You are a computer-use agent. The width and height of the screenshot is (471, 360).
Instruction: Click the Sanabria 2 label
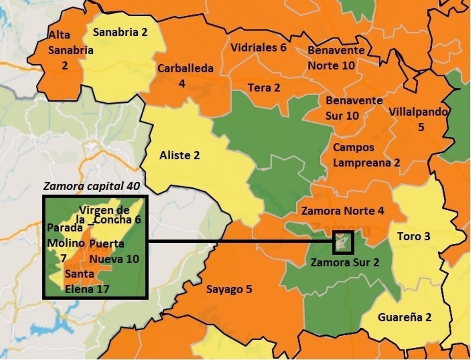120,32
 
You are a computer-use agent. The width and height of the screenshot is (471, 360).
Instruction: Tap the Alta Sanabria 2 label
65,50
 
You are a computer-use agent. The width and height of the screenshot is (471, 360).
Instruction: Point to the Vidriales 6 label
259,48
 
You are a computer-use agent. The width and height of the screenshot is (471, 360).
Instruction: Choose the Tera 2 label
264,88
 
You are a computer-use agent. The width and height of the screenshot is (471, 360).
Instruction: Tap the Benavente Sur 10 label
354,108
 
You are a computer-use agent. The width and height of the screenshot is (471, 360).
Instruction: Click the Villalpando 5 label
418,119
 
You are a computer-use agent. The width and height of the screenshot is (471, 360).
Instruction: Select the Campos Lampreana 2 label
366,155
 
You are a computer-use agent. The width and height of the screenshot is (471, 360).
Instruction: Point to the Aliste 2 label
179,155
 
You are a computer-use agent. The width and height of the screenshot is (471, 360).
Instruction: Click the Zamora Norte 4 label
342,211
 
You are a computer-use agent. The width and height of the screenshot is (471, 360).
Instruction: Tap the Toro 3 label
414,236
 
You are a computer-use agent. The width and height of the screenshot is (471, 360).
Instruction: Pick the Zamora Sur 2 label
345,262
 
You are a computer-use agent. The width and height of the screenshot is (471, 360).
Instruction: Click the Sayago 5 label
229,289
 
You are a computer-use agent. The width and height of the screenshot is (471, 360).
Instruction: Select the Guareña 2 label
405,317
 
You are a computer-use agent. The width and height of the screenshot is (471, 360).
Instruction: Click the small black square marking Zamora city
343,243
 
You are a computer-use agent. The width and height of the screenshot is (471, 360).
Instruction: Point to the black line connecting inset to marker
239,242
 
